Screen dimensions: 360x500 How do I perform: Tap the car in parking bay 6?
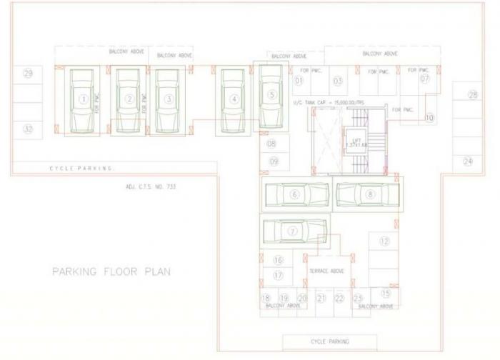coord(295,194)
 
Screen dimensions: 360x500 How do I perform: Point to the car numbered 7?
coord(293,231)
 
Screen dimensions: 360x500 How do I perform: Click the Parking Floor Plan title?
coord(111,271)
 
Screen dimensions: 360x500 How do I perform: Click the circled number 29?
coord(28,74)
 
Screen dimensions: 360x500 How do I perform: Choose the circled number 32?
coord(28,129)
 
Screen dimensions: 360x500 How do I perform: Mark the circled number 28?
coord(472,95)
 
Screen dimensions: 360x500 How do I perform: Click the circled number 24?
coord(468,162)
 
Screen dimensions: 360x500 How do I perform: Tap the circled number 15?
coord(386,293)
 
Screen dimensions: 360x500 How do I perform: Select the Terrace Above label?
coord(326,271)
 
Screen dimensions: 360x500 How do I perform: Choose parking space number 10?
coord(429,116)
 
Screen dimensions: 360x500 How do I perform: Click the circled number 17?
coord(278,275)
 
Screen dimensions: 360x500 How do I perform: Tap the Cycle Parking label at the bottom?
coord(331,341)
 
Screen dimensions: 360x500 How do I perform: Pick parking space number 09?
coord(273,161)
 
